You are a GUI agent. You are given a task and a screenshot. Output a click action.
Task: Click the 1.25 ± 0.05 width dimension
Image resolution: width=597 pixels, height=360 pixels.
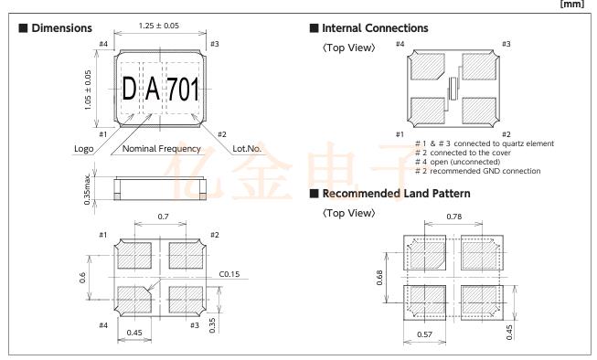pos(159,26)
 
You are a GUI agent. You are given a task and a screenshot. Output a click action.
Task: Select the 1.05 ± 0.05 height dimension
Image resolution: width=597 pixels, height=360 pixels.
pos(88,90)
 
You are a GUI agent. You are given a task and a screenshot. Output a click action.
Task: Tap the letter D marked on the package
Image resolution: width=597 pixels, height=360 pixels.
pos(129,89)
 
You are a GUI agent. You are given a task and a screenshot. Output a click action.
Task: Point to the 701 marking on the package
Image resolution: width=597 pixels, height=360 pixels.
pos(183,89)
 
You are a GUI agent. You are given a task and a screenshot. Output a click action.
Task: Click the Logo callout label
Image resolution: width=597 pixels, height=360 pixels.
pos(84,148)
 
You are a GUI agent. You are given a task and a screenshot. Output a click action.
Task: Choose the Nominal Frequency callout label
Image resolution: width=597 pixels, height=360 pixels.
pos(162,148)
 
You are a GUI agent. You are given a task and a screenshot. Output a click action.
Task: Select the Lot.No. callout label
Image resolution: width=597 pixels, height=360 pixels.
pos(247,148)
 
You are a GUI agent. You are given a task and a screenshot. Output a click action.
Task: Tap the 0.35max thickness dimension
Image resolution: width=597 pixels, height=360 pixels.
pos(87,189)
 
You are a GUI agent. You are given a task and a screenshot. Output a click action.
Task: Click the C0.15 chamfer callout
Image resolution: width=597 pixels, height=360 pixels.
pos(229,274)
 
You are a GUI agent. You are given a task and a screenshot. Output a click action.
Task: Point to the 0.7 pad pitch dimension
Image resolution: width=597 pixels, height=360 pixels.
pos(163,217)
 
